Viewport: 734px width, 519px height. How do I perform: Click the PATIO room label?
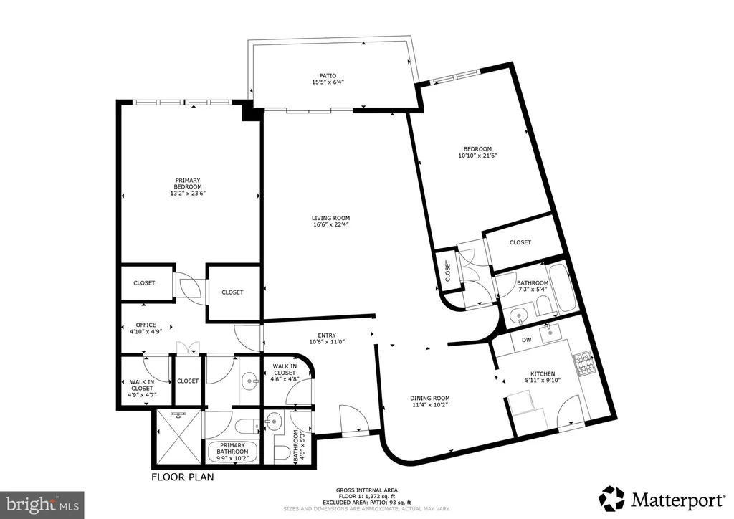pyautogui.click(x=328, y=76)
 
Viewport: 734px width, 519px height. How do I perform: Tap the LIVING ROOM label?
pyautogui.click(x=331, y=218)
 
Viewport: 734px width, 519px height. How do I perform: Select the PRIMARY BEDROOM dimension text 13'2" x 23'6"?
pyautogui.click(x=188, y=193)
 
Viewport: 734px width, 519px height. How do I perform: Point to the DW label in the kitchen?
pyautogui.click(x=527, y=341)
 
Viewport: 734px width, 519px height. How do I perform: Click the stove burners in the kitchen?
pyautogui.click(x=583, y=364)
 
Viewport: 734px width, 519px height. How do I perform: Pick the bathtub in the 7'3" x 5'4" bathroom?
pyautogui.click(x=562, y=288)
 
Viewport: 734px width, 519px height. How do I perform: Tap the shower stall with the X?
pyautogui.click(x=178, y=437)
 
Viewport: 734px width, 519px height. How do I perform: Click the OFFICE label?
pyautogui.click(x=146, y=325)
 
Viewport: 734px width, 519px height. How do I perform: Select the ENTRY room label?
pyautogui.click(x=327, y=335)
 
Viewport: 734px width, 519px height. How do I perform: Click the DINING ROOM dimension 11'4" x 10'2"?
pyautogui.click(x=430, y=405)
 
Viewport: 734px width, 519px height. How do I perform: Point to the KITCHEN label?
pyautogui.click(x=543, y=374)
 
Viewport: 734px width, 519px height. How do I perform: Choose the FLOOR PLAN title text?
pyautogui.click(x=183, y=477)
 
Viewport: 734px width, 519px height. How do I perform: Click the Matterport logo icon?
pyautogui.click(x=611, y=499)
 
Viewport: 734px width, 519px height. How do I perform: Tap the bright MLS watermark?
pyautogui.click(x=42, y=505)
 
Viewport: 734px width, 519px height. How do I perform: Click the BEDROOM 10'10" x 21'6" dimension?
pyautogui.click(x=477, y=156)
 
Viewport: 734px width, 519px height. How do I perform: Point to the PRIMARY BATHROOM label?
pyautogui.click(x=233, y=448)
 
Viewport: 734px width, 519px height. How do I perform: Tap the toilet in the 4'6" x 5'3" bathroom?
pyautogui.click(x=282, y=453)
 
